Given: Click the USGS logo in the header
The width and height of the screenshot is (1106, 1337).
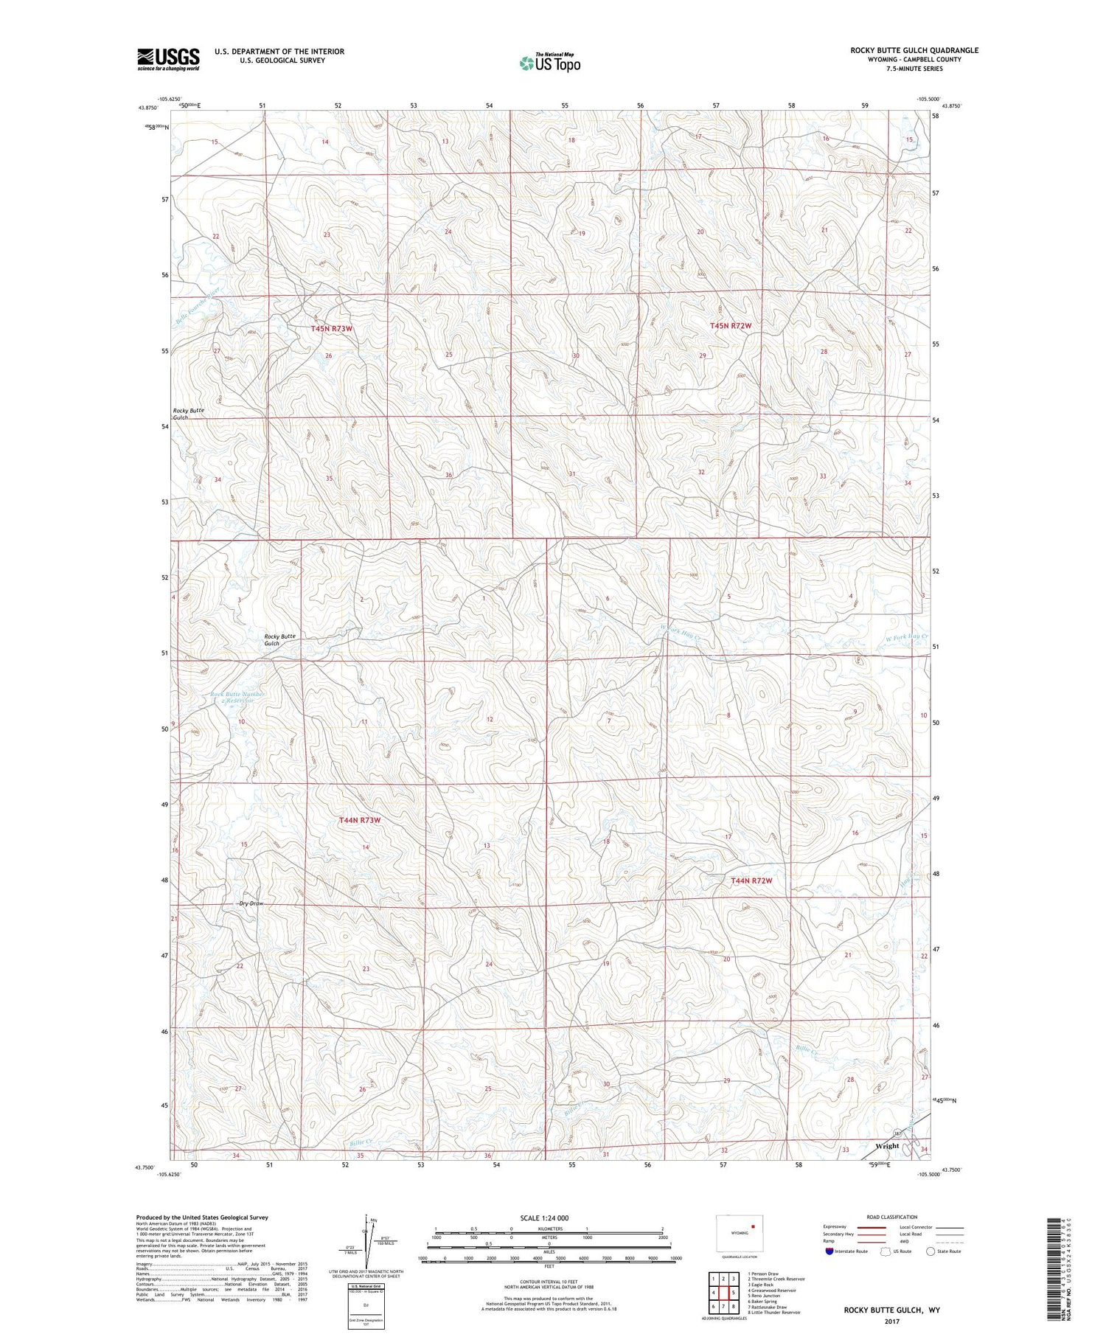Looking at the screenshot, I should (168, 59).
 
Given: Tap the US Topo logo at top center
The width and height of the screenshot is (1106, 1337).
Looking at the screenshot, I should (549, 63).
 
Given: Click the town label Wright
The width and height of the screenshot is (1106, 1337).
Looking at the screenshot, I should (886, 1146).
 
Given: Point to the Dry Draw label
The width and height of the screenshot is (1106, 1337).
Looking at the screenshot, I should (251, 903).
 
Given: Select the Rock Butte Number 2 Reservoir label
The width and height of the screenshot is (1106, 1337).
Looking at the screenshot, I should (237, 697).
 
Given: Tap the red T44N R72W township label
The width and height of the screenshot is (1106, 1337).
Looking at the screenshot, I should (751, 881).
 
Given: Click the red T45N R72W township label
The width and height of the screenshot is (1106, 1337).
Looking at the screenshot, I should (731, 325).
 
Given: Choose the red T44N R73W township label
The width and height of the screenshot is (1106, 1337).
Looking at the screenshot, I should (360, 820).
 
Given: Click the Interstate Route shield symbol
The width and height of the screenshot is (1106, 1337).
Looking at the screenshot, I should (829, 1251).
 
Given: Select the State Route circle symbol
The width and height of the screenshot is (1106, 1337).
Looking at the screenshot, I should (931, 1251).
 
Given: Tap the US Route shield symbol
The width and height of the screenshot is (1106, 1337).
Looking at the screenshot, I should (886, 1251).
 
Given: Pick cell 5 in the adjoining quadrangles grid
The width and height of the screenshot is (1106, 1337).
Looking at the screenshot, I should (733, 1293).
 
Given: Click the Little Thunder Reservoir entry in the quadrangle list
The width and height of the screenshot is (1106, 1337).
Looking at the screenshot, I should (773, 1313).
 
